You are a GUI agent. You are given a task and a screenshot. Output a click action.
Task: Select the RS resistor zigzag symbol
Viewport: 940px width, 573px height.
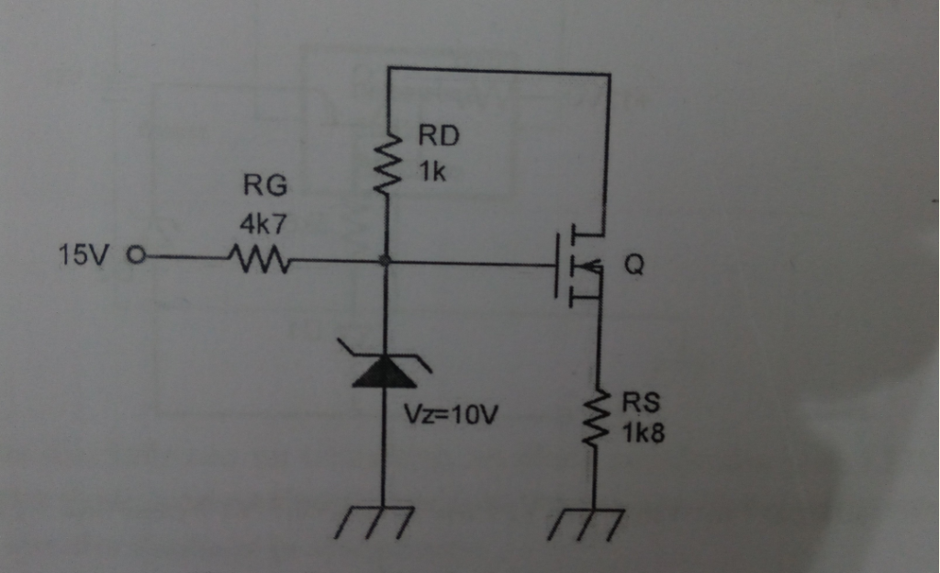[x=598, y=419]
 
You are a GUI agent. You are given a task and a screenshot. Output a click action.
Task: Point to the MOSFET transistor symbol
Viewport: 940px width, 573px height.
[x=578, y=264]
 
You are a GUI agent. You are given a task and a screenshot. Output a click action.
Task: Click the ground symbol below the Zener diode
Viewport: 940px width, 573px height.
[x=384, y=522]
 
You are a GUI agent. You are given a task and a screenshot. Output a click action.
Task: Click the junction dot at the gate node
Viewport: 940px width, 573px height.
[x=386, y=262]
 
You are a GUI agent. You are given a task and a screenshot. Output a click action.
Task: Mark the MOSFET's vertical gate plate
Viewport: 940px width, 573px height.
[x=557, y=264]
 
